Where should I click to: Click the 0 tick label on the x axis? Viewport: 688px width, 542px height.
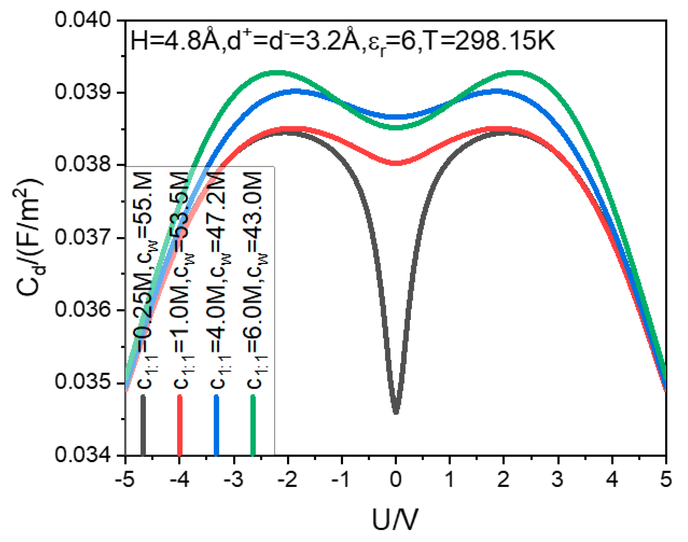(x=395, y=479)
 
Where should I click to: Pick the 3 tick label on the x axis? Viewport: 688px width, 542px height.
(x=558, y=479)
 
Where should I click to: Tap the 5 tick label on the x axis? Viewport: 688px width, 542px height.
(x=666, y=479)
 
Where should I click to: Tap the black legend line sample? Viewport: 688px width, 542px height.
(x=143, y=425)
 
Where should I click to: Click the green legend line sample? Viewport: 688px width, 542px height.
(x=253, y=425)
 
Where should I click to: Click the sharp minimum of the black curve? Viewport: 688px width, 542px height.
(x=396, y=412)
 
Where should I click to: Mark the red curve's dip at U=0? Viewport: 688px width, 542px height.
(x=395, y=163)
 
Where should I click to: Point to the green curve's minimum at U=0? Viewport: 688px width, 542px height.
(x=395, y=127)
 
